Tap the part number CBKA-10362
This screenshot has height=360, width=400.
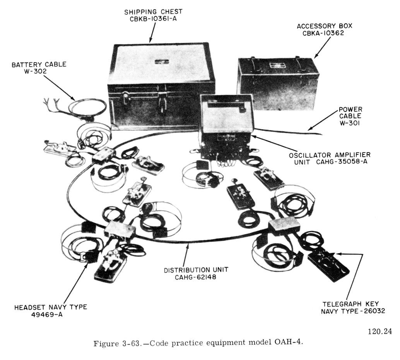(x=323, y=33)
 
